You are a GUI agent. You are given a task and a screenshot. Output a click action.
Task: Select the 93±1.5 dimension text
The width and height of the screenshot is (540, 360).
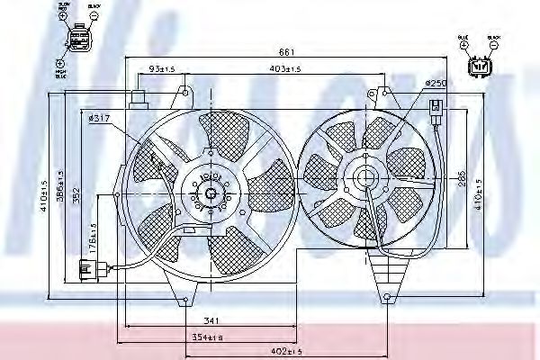point(163,68)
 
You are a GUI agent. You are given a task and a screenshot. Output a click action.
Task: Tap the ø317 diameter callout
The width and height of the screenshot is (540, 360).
point(100,117)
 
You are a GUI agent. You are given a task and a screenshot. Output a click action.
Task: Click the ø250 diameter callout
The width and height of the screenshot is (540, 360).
point(436,84)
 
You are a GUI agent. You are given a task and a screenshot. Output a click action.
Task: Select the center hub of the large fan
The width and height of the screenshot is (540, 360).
point(209,192)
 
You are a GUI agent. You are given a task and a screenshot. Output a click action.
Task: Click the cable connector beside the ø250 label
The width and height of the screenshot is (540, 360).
point(436,115)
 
